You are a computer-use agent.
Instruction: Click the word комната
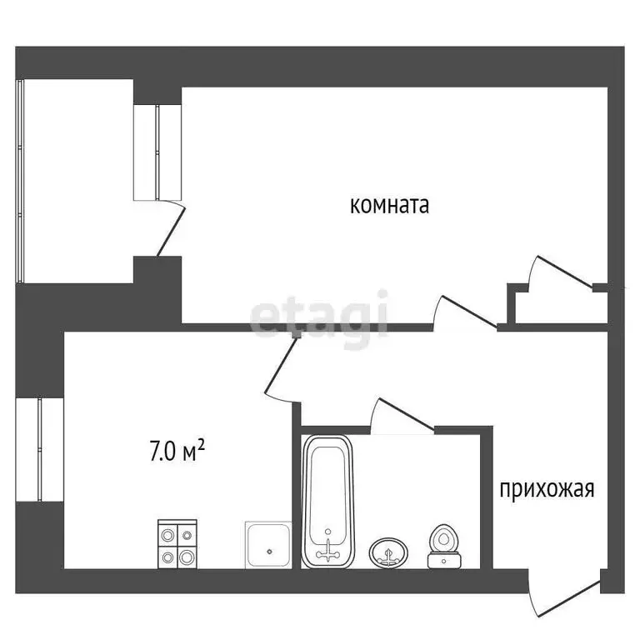(389, 205)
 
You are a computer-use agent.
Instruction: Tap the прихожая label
(547, 488)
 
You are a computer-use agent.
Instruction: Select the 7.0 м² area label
(177, 452)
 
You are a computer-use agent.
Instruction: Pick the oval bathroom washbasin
(389, 552)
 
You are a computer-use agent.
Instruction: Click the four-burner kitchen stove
(177, 544)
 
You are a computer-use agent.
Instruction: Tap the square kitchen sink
(267, 545)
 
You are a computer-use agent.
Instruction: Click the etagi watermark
(320, 315)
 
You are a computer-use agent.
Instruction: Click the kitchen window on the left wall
(39, 450)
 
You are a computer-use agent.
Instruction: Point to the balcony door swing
(169, 229)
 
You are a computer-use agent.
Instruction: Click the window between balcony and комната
(157, 152)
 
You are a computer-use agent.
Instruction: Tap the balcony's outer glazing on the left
(22, 179)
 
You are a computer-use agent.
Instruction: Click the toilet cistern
(444, 560)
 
